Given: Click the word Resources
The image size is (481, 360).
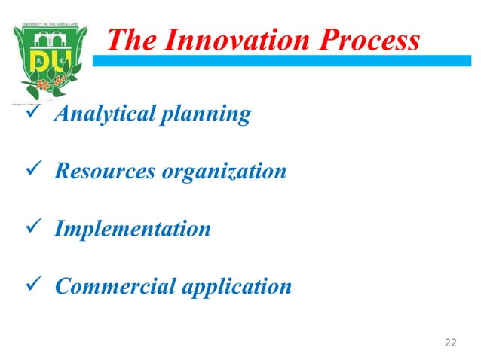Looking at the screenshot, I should coord(106,171).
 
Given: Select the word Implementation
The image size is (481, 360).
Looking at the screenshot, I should coord(132,229).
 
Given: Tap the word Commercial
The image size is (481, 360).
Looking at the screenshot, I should coord(110,286).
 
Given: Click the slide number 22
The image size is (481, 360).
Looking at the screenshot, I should coord(450,343).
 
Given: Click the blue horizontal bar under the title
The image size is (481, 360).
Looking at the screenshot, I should coord(286,60).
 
